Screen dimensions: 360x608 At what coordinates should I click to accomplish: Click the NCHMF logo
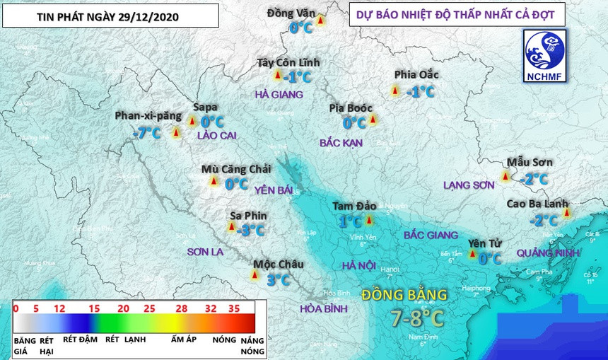pos(544,56)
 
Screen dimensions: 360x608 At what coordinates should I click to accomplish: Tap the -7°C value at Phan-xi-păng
pos(146,132)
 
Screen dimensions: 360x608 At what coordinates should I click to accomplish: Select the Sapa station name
pos(205,108)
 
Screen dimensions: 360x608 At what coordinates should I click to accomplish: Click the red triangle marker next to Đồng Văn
pos(320,22)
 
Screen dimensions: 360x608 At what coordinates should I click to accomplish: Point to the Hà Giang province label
pos(279,94)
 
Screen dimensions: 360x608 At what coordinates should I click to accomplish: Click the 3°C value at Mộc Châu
pos(278,280)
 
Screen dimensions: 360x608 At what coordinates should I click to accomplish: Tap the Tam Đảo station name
pos(354,206)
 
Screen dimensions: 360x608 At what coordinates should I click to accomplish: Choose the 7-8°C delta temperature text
pos(417,318)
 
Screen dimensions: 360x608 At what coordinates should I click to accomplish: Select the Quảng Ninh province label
pos(549,252)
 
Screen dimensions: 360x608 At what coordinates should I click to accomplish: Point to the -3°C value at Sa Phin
pos(250,230)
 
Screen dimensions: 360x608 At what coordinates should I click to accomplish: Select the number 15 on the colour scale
pos(93,308)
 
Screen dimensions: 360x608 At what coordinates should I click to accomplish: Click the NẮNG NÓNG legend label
pos(252,346)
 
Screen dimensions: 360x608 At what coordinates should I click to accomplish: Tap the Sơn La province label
pos(205,252)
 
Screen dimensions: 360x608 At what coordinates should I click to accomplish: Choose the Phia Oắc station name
pos(416,74)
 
